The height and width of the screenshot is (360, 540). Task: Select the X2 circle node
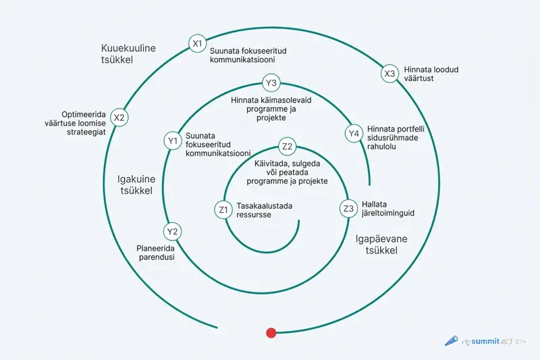119,118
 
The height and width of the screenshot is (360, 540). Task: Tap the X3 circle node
389,74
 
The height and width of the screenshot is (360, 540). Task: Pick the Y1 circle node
172,140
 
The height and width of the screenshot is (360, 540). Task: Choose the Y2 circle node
173,232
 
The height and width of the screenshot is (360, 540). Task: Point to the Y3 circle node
271,83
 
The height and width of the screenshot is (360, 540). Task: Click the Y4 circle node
353,133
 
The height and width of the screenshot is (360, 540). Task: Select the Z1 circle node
223,210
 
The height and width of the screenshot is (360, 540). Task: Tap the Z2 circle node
287,147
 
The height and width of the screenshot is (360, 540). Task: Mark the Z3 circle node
348,208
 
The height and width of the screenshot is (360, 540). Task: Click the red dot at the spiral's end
271,332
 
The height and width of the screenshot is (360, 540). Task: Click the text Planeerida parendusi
156,252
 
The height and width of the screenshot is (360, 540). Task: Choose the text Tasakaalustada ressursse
264,210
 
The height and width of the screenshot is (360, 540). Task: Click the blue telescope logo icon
451,342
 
